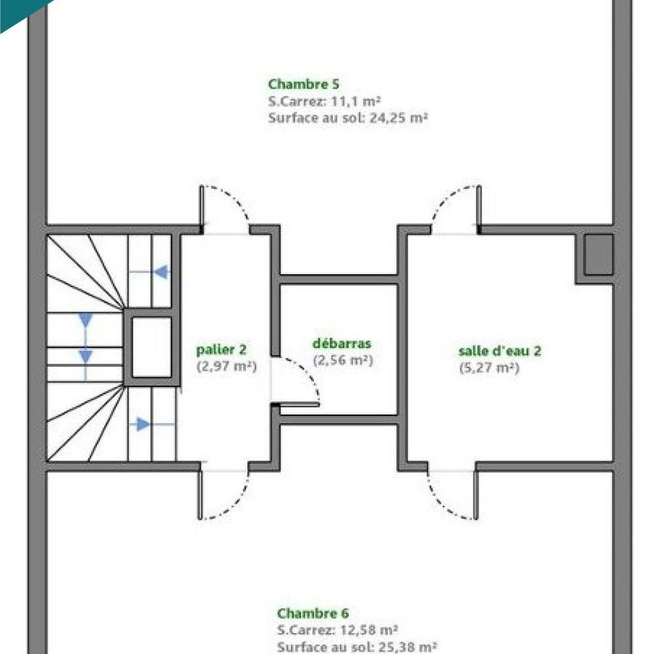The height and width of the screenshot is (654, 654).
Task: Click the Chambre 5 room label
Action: point(303,84)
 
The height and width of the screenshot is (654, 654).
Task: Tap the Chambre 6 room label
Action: point(313,613)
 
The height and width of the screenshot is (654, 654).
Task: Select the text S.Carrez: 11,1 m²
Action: point(324,101)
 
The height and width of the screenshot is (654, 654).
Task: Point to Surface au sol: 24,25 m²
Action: point(347,118)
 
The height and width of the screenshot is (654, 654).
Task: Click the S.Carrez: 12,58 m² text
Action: point(337,630)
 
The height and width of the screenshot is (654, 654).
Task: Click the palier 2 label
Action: point(221,351)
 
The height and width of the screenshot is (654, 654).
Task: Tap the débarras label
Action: point(342,344)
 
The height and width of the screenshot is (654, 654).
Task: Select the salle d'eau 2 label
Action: point(500,351)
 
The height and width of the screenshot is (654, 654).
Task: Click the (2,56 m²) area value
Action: point(343,360)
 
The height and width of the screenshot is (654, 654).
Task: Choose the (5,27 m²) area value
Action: point(489,368)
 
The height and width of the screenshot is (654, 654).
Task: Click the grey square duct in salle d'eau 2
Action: point(598,255)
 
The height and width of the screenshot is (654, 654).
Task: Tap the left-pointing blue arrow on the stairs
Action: point(160,271)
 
